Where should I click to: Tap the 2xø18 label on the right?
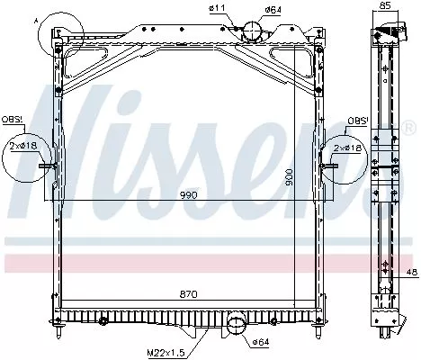pyautogui.click(x=345, y=148)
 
